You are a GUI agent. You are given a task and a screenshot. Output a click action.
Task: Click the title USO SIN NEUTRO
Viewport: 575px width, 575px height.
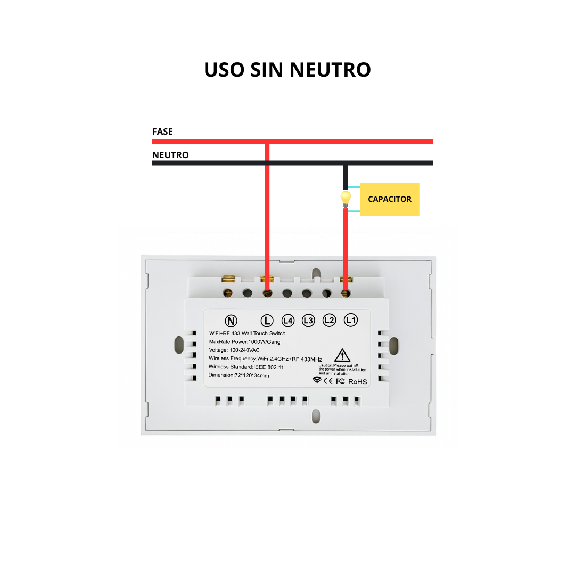[287, 70]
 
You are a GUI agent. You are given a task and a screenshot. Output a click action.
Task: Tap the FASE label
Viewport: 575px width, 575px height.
[162, 132]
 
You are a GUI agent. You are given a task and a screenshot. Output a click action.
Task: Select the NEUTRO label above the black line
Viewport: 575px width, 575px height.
[170, 155]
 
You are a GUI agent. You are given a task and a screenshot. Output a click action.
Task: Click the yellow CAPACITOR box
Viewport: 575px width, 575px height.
[390, 199]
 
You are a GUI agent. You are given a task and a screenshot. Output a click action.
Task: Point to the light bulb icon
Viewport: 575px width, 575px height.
[346, 199]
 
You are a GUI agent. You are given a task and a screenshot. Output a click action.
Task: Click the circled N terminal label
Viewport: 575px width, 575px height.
[231, 321]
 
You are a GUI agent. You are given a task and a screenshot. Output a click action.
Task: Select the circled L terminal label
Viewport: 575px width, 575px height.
[266, 321]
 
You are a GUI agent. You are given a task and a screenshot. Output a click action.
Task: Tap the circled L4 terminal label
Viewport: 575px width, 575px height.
[287, 321]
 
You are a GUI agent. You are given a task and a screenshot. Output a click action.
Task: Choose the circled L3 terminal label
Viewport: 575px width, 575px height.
[308, 321]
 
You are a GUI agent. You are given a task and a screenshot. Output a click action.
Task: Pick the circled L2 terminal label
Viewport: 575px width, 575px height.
[329, 321]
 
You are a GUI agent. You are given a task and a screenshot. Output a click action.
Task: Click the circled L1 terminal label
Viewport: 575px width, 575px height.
[350, 321]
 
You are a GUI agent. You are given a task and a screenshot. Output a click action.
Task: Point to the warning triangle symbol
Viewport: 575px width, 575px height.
[342, 355]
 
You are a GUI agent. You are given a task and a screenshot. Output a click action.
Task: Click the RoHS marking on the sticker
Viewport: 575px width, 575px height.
[358, 382]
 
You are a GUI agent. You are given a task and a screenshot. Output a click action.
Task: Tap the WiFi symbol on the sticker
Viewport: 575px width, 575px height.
[317, 381]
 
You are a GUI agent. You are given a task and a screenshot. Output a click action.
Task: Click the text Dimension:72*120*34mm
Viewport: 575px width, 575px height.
[239, 376]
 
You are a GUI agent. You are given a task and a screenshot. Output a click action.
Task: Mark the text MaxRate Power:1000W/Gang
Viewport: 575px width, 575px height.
[244, 342]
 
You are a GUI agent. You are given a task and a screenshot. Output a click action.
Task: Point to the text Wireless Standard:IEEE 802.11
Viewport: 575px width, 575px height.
[247, 367]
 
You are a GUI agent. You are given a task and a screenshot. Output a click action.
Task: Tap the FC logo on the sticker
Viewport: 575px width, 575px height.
[341, 381]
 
